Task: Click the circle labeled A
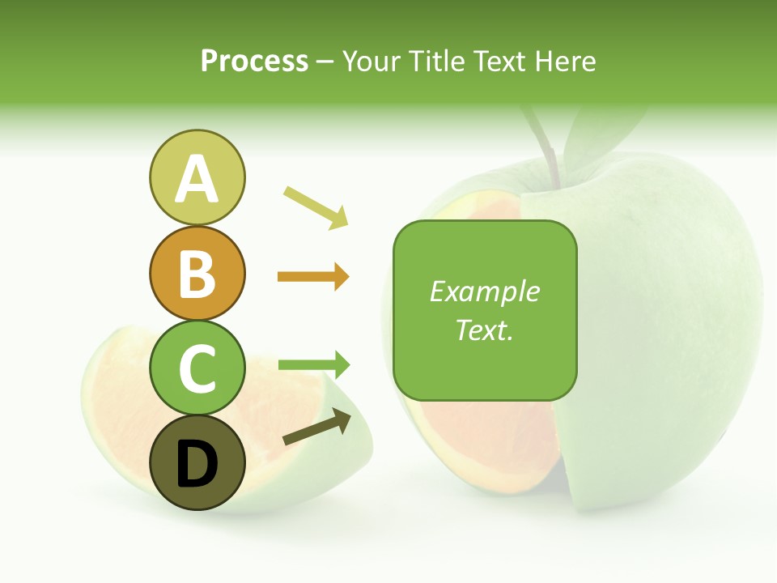[x=197, y=177]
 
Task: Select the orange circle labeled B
[x=197, y=273]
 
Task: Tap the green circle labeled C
[x=197, y=368]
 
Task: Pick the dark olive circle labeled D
[x=197, y=464]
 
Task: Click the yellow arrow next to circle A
[x=316, y=206]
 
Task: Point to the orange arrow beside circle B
[x=313, y=277]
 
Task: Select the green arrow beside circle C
[x=313, y=364]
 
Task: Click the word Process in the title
[x=254, y=62]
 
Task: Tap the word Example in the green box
[x=485, y=291]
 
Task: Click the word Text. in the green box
[x=485, y=330]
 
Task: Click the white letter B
[x=197, y=273]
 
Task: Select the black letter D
[x=197, y=464]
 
